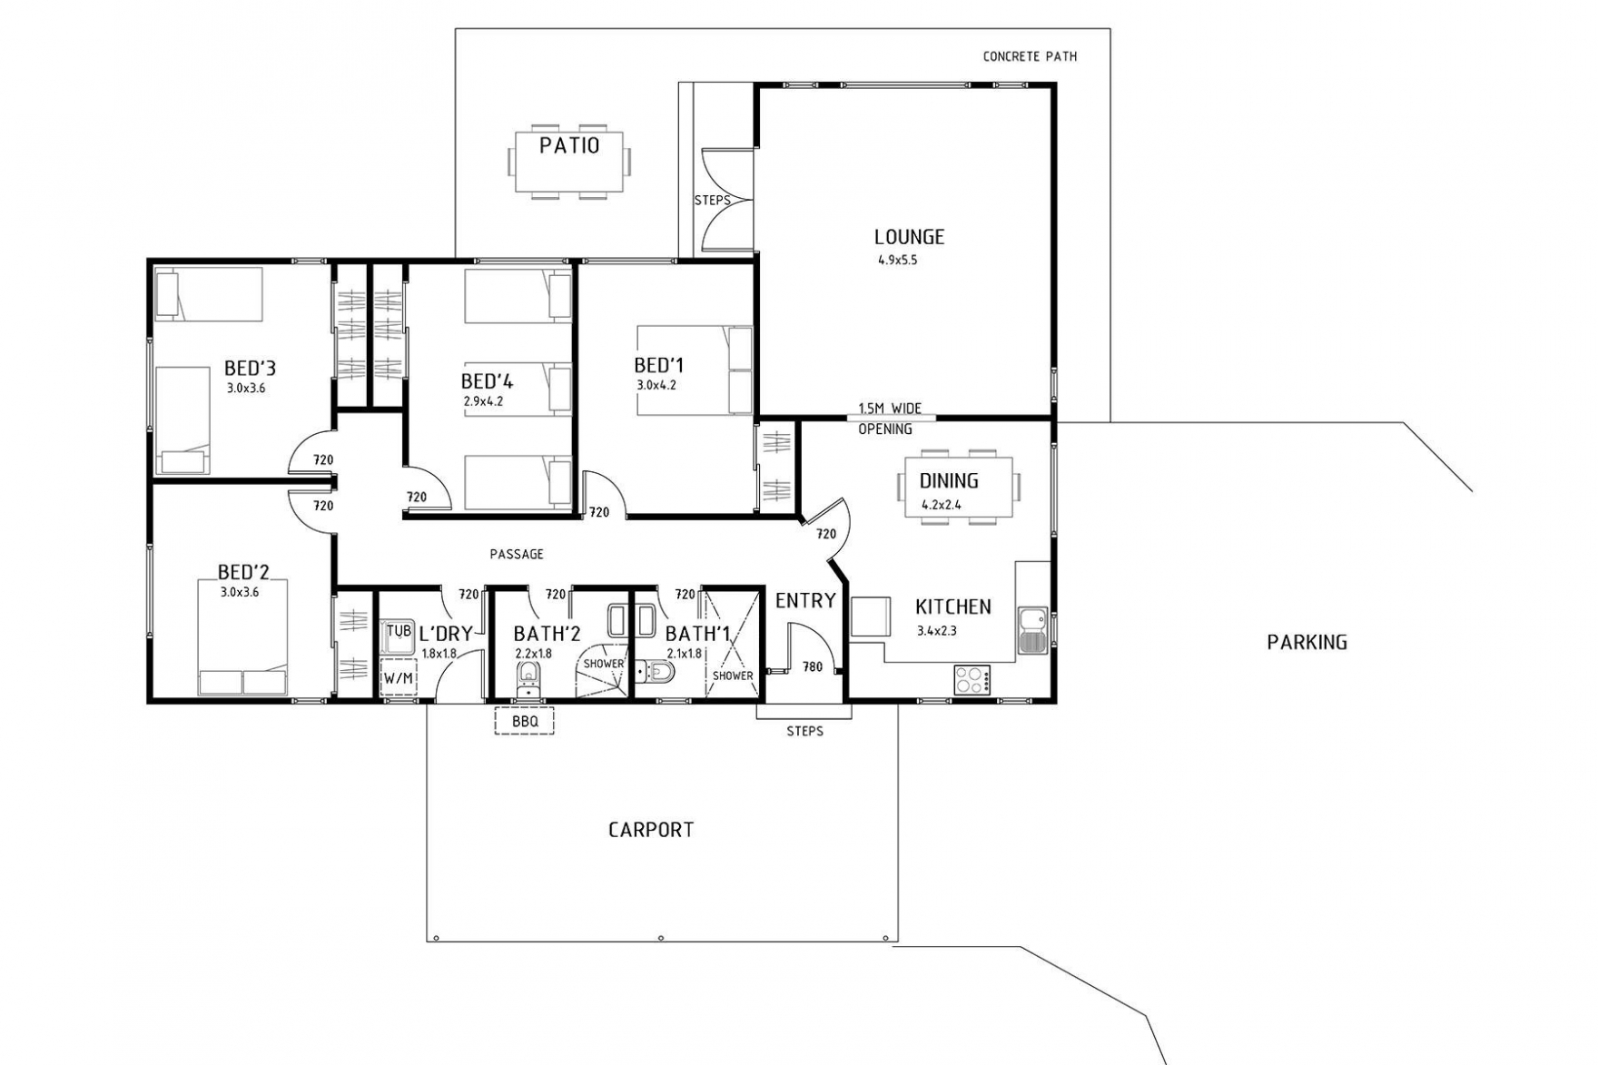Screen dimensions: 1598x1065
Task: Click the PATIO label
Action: coord(569,145)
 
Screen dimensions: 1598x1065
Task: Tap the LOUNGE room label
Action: coord(909,237)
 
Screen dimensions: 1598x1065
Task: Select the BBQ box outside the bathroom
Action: coord(524,721)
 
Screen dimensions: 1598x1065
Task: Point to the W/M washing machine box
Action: coord(398,677)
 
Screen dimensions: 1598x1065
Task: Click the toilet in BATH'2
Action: coord(528,679)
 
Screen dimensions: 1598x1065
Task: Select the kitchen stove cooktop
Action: coord(973,678)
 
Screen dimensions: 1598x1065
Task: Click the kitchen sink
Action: coord(1033,630)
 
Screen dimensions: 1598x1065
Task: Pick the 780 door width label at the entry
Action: coord(813,666)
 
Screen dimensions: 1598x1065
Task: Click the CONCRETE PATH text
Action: coord(1030,56)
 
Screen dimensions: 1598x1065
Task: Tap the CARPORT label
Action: coord(651,829)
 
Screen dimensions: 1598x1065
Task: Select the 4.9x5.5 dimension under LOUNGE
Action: coord(898,260)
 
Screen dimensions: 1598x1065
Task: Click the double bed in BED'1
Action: coord(695,370)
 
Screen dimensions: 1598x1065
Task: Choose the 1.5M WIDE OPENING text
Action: coord(889,419)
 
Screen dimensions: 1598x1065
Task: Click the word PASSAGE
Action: coord(517,554)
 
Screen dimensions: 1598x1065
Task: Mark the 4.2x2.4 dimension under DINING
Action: coord(942,505)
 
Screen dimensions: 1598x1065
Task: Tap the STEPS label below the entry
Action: coord(805,731)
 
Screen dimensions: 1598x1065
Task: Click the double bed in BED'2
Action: coord(243,638)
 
